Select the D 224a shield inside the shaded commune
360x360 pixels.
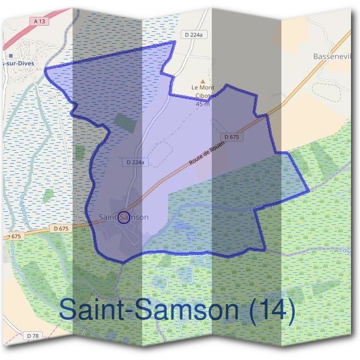coord(137,162)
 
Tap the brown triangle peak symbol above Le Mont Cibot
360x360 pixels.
coord(202,80)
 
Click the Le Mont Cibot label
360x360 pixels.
coord(202,92)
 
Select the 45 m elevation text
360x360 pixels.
coord(202,104)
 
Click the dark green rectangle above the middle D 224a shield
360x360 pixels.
coord(125,122)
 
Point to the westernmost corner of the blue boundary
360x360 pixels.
coord(46,70)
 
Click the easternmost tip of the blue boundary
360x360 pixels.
coord(309,191)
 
